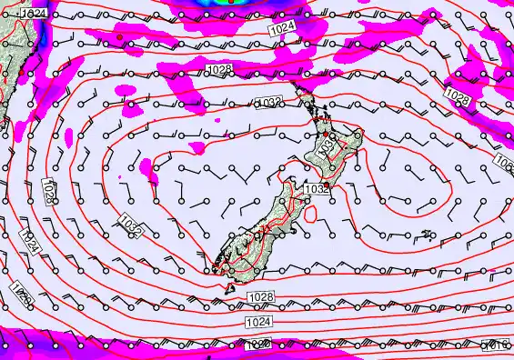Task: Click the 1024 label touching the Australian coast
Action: pos(34,15)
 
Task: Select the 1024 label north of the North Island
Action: pos(283,30)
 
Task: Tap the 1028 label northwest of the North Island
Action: pos(218,70)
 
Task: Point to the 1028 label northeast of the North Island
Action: pos(457,95)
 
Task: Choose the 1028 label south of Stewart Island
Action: pos(261,297)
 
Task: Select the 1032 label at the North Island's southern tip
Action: pos(316,188)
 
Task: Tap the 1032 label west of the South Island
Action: pos(130,225)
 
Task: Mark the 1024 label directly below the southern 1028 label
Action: pos(257,322)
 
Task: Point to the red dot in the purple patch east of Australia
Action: pos(118,36)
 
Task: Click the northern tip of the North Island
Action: pos(299,95)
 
